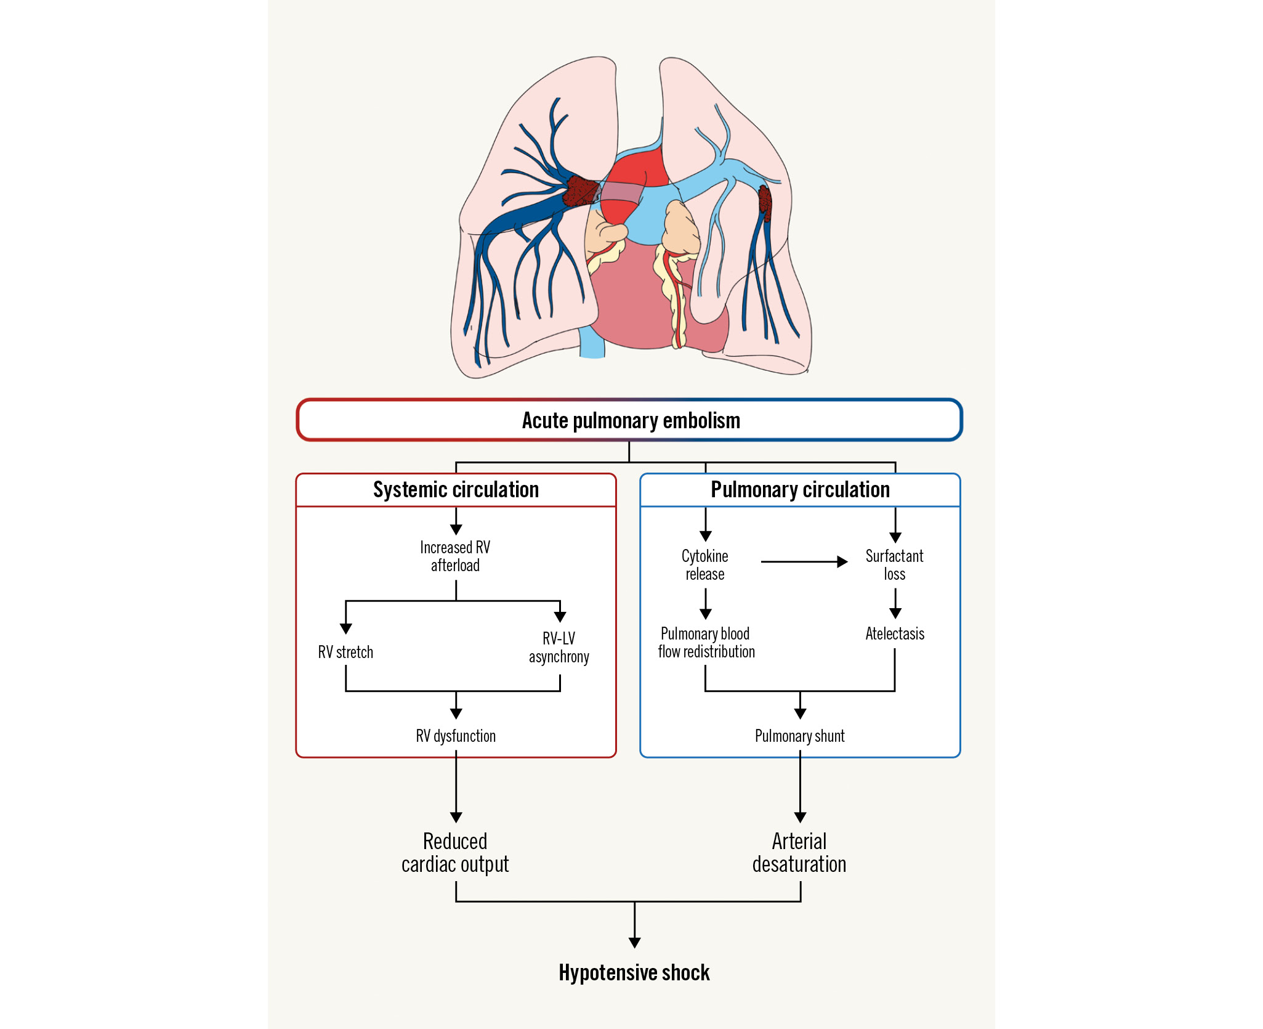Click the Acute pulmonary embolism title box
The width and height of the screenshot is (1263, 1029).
(630, 420)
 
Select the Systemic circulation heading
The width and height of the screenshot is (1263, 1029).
(456, 490)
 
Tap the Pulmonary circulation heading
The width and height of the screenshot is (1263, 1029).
(800, 490)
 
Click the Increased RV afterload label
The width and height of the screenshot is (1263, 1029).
(455, 556)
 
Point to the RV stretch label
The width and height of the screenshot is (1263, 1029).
(345, 652)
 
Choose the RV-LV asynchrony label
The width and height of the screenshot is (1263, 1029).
(559, 648)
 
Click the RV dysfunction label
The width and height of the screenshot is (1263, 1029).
(456, 736)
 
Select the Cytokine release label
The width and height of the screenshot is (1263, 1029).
(705, 565)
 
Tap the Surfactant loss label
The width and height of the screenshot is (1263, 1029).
(895, 565)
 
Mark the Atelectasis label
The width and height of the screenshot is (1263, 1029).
(895, 633)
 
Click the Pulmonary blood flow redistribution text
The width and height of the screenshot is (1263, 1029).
(706, 643)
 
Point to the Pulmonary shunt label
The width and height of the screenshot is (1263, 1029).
(800, 736)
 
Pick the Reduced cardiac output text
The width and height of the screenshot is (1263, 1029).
(455, 853)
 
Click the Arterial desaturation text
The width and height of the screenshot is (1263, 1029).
(799, 853)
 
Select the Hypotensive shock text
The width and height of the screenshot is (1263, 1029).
(634, 973)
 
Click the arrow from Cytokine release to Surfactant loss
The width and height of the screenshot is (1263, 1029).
(804, 562)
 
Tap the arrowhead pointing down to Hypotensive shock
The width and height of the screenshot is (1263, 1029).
(635, 943)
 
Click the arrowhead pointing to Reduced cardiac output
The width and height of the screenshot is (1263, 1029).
(456, 817)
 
